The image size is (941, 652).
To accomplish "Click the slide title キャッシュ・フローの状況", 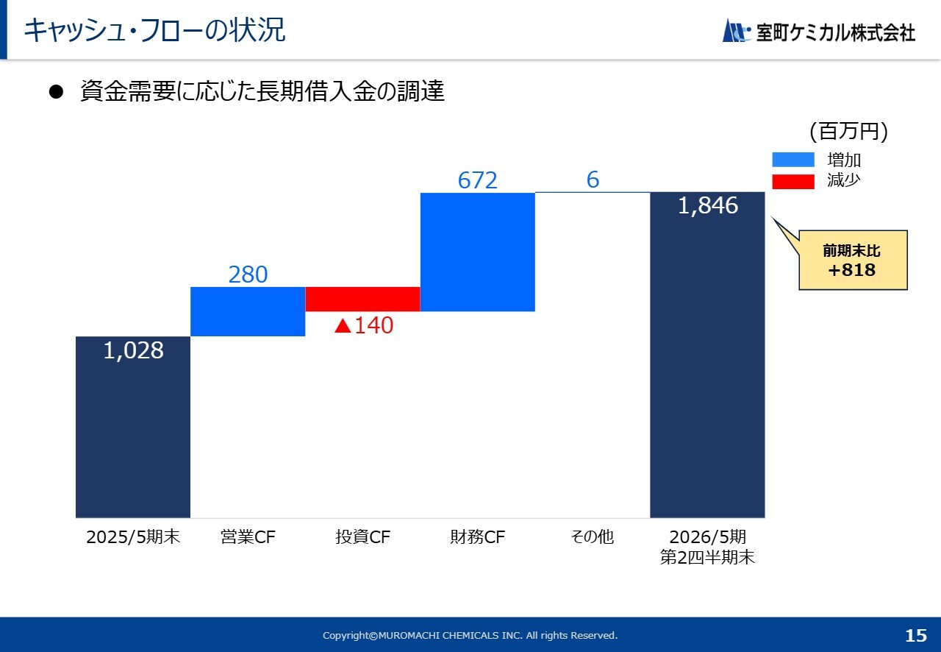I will click(154, 31).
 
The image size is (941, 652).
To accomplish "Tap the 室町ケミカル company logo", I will click(819, 32).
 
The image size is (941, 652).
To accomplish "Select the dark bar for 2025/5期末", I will click(133, 427).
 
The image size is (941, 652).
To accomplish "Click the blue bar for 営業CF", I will click(248, 311).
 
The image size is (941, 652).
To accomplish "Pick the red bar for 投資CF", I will click(362, 299).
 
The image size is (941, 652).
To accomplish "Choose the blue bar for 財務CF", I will click(478, 252).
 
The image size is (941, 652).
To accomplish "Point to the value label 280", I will click(248, 274).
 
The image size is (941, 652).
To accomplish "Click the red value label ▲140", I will click(364, 325).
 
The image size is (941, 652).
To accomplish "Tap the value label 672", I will click(478, 180).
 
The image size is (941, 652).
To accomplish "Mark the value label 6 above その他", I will click(593, 180).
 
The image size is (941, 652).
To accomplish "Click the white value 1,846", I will click(707, 206).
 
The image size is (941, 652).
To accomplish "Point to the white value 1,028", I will click(133, 351).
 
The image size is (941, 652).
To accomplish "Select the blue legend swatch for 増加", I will click(793, 160).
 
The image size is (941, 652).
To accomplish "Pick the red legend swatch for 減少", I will click(793, 181).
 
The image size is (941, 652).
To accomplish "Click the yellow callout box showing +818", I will click(853, 261).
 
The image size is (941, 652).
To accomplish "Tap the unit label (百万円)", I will click(848, 132).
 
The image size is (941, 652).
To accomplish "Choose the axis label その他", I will click(592, 537).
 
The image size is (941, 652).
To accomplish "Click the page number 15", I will click(916, 635).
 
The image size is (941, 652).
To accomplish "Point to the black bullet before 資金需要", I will click(57, 92).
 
